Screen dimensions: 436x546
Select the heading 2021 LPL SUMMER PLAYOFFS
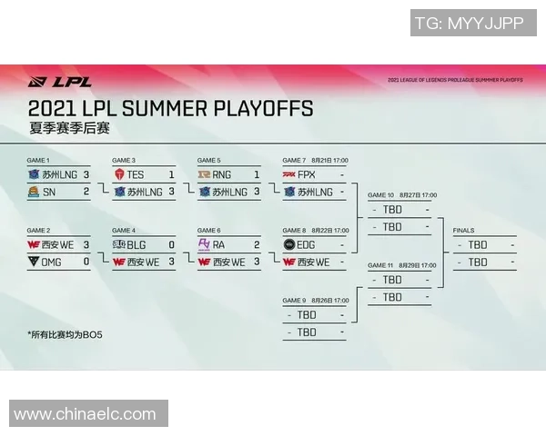coord(170,109)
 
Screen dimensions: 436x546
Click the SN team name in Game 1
coord(49,192)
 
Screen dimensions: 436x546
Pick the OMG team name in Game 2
coord(53,262)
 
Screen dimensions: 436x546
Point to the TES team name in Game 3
coord(136,174)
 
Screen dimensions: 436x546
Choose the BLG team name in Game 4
coord(136,244)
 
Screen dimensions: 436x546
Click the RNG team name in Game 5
coord(222,174)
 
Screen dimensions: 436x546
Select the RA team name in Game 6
coord(219,244)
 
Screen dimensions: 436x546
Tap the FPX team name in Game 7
coord(307,174)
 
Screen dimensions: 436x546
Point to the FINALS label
coord(463,231)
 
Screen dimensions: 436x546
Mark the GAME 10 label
coord(380,195)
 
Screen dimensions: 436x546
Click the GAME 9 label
coord(295,301)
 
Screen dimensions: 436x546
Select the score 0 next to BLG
coord(171,244)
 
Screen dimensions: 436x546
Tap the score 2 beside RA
coord(257,244)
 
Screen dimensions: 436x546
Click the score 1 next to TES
coord(171,174)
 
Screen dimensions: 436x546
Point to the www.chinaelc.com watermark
coord(85,414)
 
